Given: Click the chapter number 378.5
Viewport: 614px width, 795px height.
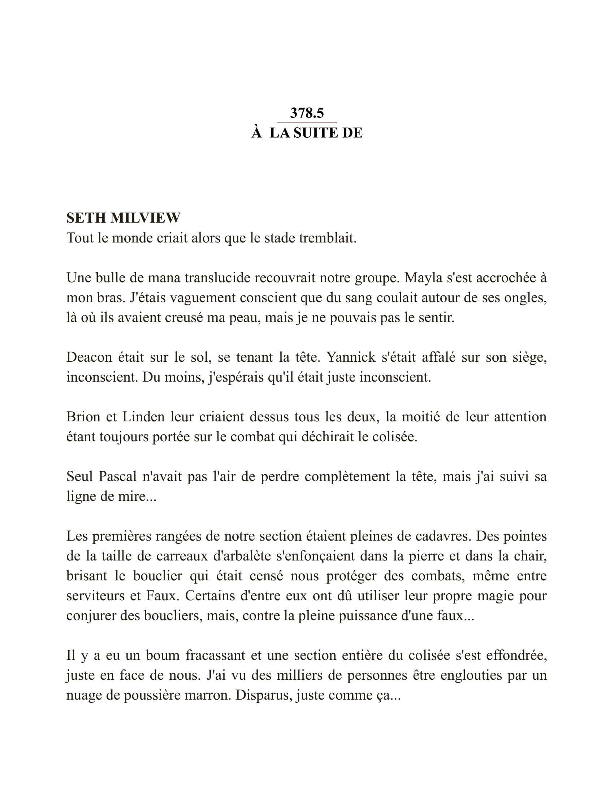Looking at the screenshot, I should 307,113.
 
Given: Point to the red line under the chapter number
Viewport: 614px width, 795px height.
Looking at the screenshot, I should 307,123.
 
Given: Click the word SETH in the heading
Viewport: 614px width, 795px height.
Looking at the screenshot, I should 86,218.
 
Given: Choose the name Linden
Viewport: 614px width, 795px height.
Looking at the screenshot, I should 143,417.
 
